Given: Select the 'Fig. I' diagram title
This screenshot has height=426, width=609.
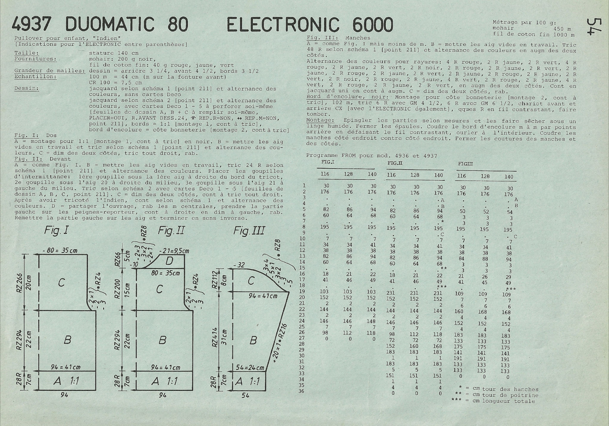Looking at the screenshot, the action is [56, 230].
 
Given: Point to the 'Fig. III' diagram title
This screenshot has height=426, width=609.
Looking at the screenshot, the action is [249, 230].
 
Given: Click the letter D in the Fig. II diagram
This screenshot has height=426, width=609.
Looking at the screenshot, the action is [169, 261].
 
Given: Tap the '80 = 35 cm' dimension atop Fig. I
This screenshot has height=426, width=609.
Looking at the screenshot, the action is [60, 251].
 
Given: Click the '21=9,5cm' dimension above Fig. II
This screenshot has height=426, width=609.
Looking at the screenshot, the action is [174, 251].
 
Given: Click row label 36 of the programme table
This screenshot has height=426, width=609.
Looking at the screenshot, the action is [301, 391].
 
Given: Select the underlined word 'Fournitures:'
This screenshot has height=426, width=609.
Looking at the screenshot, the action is [35, 59].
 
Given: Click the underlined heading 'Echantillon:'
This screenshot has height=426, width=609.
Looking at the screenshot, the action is [35, 77].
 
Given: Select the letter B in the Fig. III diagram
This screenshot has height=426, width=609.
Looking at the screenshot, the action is [253, 340].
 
